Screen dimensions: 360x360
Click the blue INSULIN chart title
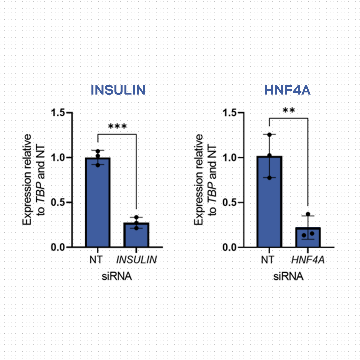click(118, 90)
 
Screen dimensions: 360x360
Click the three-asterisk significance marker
click(117, 127)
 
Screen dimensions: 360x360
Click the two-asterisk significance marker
click(288, 110)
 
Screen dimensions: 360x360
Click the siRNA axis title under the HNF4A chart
click(288, 276)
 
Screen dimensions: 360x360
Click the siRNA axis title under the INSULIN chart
click(117, 276)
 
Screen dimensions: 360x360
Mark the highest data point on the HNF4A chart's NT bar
click(269, 135)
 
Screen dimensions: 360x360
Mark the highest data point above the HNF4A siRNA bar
click(308, 214)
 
